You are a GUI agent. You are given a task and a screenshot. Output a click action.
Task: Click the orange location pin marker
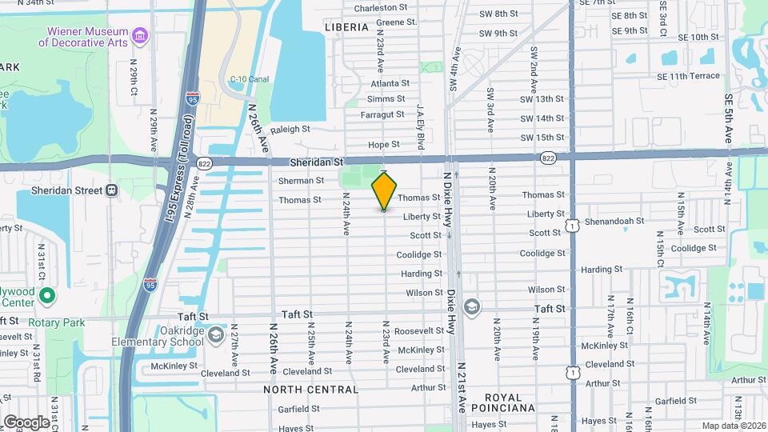(384, 190)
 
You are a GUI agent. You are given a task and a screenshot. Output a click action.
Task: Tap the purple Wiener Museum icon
(141, 35)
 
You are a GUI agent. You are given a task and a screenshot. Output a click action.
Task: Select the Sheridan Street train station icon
(111, 190)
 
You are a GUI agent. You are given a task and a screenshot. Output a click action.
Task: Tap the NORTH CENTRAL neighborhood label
(311, 390)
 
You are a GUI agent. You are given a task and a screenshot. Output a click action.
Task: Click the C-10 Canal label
(250, 79)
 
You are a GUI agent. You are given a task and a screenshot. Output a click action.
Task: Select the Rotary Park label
(57, 322)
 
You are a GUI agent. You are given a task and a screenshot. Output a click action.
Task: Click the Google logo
(26, 422)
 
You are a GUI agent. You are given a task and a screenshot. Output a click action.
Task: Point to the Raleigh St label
(290, 129)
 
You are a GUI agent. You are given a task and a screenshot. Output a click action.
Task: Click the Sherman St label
(301, 181)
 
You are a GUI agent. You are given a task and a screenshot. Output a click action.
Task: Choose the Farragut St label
(382, 114)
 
